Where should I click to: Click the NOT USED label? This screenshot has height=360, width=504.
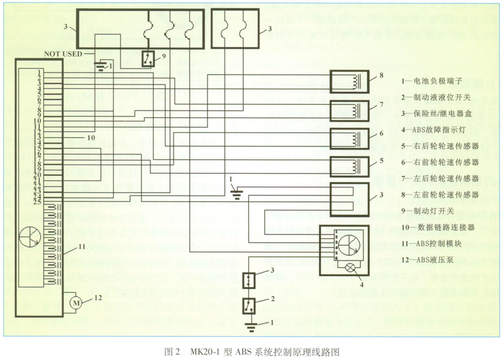point(63,52)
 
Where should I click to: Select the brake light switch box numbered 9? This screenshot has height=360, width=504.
point(148,58)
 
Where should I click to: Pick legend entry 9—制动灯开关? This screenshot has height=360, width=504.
point(429,211)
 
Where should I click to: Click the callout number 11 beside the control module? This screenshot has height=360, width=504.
point(81,246)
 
